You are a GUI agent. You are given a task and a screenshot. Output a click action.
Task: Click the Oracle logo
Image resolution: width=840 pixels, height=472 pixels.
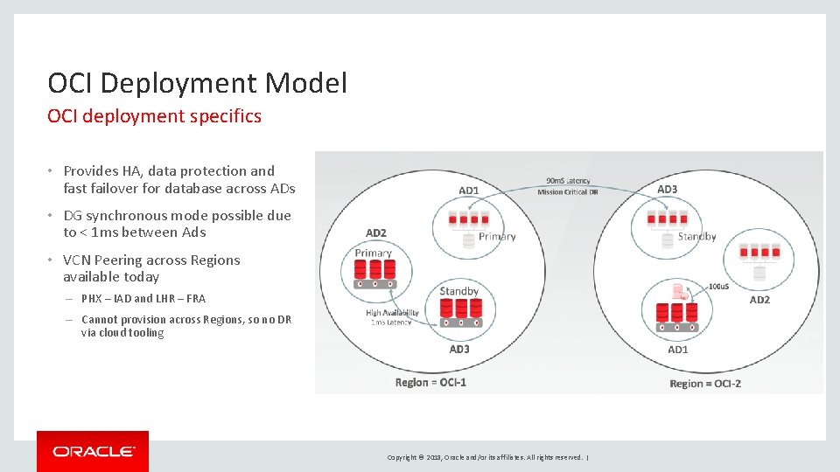(93, 451)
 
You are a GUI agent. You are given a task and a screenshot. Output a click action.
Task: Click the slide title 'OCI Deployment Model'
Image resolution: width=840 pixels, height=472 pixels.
(197, 83)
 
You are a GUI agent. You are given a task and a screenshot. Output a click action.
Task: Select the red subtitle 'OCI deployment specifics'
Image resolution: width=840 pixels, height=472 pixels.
(154, 116)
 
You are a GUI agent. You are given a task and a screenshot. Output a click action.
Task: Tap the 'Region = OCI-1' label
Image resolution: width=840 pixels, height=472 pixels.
(430, 382)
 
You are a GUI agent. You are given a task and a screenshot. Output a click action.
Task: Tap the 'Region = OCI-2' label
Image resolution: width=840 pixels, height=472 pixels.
(705, 383)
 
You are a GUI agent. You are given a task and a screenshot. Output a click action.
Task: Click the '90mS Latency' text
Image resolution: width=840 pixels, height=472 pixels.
(568, 181)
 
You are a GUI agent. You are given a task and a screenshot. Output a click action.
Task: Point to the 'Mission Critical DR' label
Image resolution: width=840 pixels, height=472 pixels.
(568, 192)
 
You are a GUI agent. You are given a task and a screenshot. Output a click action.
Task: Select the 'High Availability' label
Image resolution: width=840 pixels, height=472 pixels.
(392, 312)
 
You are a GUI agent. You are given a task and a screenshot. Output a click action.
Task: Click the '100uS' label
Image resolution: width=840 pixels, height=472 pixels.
(718, 287)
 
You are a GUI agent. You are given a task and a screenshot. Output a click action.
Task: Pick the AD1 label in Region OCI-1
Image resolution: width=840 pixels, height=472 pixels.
(468, 191)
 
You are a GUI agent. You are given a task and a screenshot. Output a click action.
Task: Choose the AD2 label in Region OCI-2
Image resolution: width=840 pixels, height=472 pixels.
(759, 300)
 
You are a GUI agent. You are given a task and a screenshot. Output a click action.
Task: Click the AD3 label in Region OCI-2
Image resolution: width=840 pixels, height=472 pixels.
(667, 189)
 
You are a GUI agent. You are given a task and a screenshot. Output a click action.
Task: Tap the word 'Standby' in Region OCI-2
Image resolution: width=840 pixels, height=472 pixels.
(696, 236)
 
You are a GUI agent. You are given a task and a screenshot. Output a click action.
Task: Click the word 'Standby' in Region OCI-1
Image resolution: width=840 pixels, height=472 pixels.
(458, 291)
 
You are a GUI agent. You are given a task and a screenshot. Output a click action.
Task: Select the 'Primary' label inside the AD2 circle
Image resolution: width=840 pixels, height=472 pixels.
(374, 253)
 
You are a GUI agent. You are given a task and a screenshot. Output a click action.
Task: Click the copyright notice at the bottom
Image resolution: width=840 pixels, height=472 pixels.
(486, 457)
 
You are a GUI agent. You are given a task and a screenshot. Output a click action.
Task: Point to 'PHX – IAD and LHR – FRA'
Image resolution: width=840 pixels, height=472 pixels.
(143, 298)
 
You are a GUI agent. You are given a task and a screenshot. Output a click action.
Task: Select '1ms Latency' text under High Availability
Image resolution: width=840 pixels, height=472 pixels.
(391, 323)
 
